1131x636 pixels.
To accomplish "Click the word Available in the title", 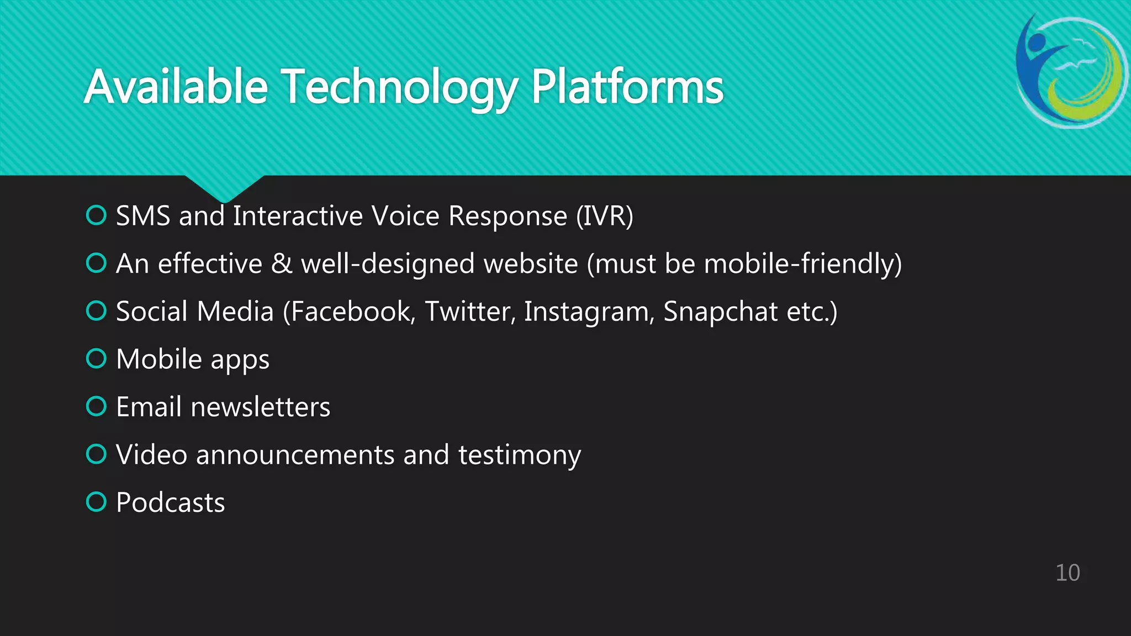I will pyautogui.click(x=176, y=87).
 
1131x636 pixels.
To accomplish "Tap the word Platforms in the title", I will pyautogui.click(x=627, y=87).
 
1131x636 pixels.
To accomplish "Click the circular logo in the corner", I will pyautogui.click(x=1071, y=72).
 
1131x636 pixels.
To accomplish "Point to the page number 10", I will pyautogui.click(x=1067, y=573).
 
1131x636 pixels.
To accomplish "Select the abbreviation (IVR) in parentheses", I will pyautogui.click(x=604, y=216).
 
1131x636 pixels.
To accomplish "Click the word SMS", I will pyautogui.click(x=143, y=216).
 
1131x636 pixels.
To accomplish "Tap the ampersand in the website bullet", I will pyautogui.click(x=282, y=263).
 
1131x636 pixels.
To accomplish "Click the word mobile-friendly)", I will pyautogui.click(x=803, y=263).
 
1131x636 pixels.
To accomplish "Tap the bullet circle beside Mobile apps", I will pyautogui.click(x=96, y=359).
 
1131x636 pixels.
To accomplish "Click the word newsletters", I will pyautogui.click(x=260, y=407).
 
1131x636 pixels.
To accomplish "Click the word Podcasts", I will pyautogui.click(x=170, y=502).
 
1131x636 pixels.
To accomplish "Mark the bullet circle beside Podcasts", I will pyautogui.click(x=96, y=502).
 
